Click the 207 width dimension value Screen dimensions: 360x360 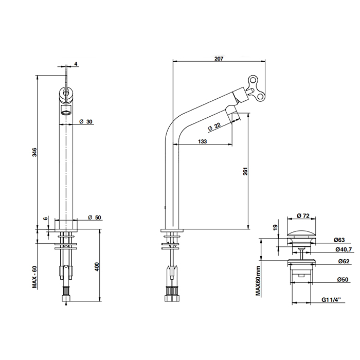coord(219,59)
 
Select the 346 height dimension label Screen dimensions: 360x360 coord(34,152)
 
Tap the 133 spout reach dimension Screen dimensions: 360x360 coord(202,141)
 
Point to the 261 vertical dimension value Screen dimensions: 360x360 coord(245,171)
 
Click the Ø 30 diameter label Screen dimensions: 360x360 coord(86,122)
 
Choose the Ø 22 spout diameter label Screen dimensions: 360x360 coord(214,127)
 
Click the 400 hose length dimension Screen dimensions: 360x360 coord(97,266)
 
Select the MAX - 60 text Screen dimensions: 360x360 coord(34,277)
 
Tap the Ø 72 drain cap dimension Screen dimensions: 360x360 coord(303,216)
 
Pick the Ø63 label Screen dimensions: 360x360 coord(339,240)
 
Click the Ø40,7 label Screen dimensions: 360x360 coord(344,249)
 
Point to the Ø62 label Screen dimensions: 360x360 coord(344,261)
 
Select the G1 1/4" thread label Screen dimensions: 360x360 coord(331,300)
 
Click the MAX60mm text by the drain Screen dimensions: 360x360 coord(258,281)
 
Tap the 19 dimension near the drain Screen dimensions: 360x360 coord(275,227)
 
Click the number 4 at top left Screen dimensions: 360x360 coord(76,63)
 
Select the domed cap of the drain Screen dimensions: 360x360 coord(301,235)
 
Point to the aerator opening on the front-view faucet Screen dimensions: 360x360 coord(66,113)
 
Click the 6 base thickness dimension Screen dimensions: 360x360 coord(46,218)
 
